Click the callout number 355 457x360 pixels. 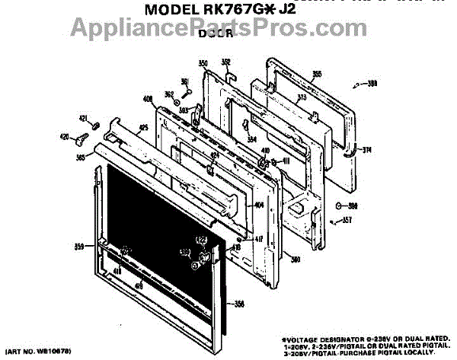tap(316, 74)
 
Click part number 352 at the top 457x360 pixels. tap(226, 62)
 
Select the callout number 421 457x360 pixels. tap(84, 118)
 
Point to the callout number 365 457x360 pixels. tap(80, 158)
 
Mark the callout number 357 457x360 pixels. tap(347, 221)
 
